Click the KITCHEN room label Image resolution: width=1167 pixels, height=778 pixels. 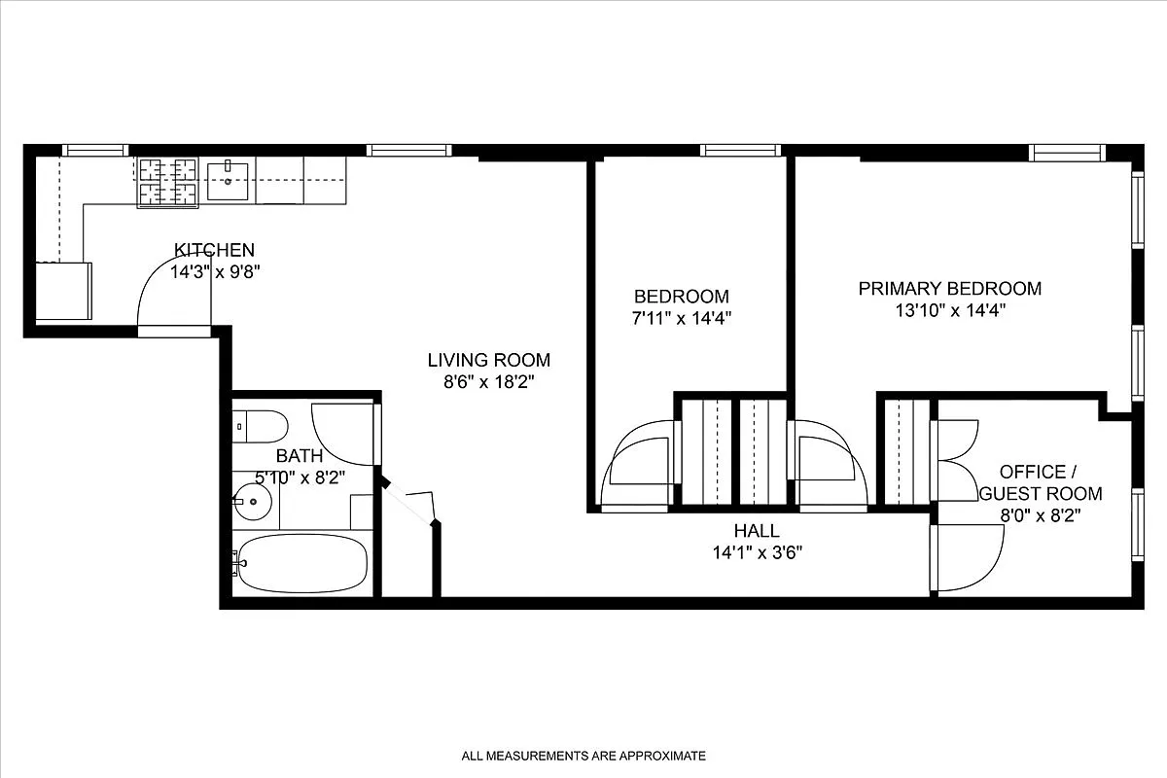214,250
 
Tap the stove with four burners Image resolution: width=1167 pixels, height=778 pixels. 168,182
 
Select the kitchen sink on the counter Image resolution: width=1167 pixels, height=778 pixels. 228,180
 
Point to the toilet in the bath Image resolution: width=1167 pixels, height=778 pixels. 261,425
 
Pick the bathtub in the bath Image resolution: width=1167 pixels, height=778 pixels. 301,563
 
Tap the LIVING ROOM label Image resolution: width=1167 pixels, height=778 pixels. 488,360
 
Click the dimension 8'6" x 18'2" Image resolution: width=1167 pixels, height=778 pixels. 488,382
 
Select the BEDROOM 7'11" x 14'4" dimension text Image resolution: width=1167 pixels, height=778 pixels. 681,318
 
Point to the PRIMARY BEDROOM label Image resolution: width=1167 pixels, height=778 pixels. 949,288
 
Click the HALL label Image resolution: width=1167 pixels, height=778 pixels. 757,531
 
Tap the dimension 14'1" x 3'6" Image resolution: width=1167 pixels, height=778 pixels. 757,552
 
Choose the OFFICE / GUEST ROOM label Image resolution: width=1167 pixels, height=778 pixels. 1039,482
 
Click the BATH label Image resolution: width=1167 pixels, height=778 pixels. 301,455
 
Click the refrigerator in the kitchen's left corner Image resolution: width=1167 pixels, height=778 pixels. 64,290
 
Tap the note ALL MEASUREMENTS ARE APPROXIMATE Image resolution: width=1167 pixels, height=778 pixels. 583,756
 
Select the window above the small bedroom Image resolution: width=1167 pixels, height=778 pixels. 741,150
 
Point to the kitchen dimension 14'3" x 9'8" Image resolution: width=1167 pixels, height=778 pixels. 214,272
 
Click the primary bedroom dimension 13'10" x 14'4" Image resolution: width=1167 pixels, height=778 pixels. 949,311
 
